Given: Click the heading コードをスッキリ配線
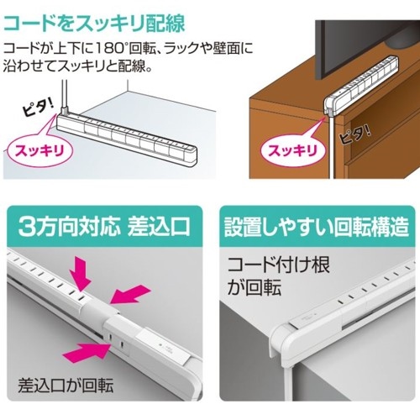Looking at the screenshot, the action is pyautogui.click(x=94, y=23).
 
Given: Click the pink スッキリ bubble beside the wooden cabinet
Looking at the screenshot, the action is pyautogui.click(x=293, y=151).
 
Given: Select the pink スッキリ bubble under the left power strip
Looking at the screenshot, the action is pyautogui.click(x=39, y=150).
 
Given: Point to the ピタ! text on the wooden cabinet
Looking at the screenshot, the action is pyautogui.click(x=355, y=136).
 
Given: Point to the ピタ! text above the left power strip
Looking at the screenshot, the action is pyautogui.click(x=39, y=108).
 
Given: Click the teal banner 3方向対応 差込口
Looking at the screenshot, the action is pyautogui.click(x=104, y=226).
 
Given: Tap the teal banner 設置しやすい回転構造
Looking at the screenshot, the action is pyautogui.click(x=317, y=226).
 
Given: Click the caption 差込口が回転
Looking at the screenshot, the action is pyautogui.click(x=66, y=386).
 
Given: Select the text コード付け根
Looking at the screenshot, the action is pyautogui.click(x=279, y=265).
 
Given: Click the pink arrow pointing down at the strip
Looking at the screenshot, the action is pyautogui.click(x=80, y=274).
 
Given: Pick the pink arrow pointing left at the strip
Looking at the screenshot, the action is pyautogui.click(x=129, y=294).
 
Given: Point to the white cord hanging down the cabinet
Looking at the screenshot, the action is pyautogui.click(x=331, y=145).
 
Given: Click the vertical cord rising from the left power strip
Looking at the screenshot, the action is pyautogui.click(x=65, y=94).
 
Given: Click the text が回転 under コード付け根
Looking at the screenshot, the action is pyautogui.click(x=254, y=288).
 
